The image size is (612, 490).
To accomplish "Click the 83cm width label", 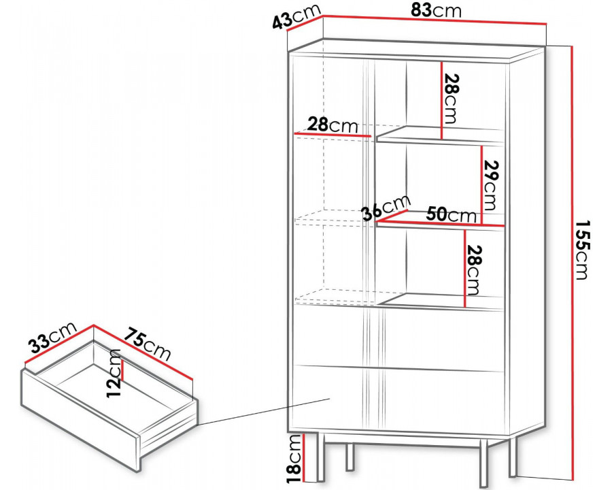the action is point(436,11).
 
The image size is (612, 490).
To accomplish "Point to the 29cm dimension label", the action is point(490,185).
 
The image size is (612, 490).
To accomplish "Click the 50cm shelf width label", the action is point(452,214).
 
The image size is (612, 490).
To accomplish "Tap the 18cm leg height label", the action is point(296,458).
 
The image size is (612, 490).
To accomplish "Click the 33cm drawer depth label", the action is point(52,337).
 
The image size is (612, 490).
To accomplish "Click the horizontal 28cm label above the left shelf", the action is point(333,125).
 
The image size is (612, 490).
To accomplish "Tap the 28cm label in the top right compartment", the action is point(450,98).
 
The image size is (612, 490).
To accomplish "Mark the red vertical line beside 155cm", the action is point(572,263).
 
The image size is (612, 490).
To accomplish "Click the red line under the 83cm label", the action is point(434,20).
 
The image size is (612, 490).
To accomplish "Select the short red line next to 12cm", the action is point(123,370).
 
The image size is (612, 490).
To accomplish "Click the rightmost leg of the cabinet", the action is point(512,457).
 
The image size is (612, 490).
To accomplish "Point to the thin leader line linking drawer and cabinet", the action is point(265,412).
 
